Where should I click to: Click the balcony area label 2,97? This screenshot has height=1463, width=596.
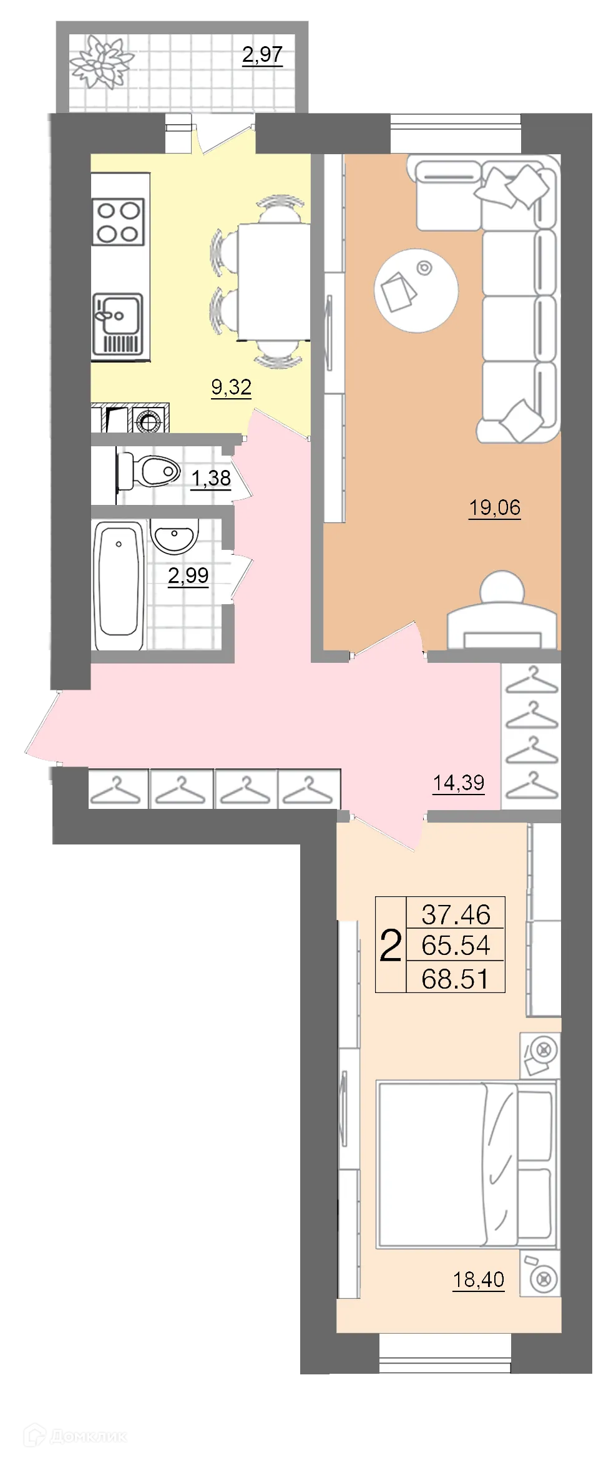pos(262,55)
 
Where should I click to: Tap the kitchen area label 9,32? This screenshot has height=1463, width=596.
pos(232,387)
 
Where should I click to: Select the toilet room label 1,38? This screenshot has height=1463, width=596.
pos(211,478)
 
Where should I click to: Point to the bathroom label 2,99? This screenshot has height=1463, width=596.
pos(188,575)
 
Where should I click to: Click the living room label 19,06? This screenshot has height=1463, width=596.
pos(495,507)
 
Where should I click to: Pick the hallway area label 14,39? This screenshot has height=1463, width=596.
pos(459,782)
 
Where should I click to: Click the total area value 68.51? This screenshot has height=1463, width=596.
pos(456,978)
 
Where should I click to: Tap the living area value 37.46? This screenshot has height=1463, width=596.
pos(456,914)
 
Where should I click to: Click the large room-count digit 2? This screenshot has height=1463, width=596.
pos(391,946)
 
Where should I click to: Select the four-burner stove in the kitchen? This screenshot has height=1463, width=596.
pos(119,222)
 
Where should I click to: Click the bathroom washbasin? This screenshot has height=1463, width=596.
pos(175,536)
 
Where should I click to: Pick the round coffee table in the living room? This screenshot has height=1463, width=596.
pos(416,290)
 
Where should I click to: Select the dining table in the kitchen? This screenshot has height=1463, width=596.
pos(273,282)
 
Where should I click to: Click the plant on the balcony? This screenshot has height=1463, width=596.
pos(101,62)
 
